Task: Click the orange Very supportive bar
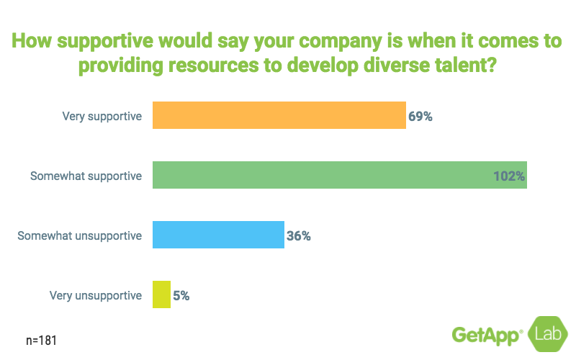pyautogui.click(x=279, y=115)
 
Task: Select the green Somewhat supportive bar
pyautogui.click(x=339, y=175)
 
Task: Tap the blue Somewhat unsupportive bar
pyautogui.click(x=218, y=235)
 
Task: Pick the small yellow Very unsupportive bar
pyautogui.click(x=161, y=294)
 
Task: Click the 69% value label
pyautogui.click(x=420, y=115)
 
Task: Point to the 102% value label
pyautogui.click(x=509, y=175)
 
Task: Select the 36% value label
pyautogui.click(x=299, y=235)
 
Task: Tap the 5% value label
pyautogui.click(x=181, y=294)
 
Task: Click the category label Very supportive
pyautogui.click(x=102, y=115)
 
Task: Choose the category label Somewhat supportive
pyautogui.click(x=86, y=175)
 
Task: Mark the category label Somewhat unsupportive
pyautogui.click(x=80, y=235)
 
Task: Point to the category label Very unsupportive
pyautogui.click(x=96, y=294)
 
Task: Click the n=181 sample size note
pyautogui.click(x=40, y=339)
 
